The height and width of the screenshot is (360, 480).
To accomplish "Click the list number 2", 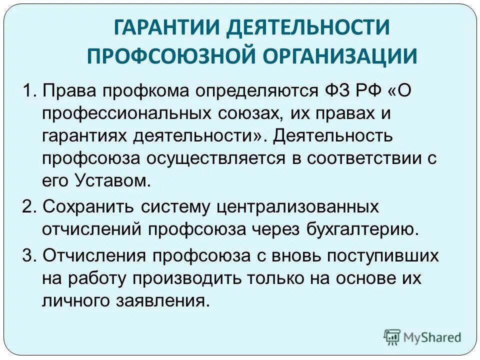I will [28, 206].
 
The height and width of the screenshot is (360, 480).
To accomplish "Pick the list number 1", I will [28, 91].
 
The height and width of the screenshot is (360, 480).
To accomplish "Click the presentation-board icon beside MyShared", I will [392, 336].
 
